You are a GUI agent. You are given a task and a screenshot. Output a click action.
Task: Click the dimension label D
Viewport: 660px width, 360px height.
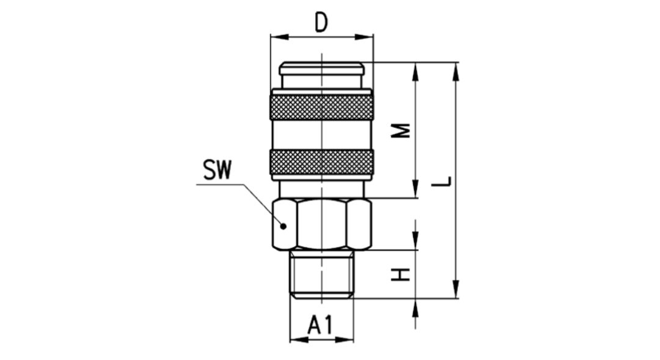pos(321,22)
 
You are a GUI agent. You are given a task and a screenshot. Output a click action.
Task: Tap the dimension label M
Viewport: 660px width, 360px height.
pos(400,130)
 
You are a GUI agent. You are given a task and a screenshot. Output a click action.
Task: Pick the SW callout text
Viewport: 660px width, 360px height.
pos(218,171)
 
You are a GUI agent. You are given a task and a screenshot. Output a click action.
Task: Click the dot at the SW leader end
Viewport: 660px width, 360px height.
pos(284,226)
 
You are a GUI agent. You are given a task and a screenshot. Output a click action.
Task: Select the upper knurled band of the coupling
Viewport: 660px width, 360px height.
pos(321,108)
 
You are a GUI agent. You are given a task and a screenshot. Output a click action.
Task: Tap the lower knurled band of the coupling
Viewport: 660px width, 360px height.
pos(321,162)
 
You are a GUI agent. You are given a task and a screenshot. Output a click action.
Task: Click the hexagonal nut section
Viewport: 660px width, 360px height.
pos(321,224)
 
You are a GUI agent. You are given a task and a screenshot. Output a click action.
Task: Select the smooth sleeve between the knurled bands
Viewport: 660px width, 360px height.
pos(321,134)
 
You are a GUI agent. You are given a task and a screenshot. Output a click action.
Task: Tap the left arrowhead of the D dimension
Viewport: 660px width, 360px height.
pos(276,37)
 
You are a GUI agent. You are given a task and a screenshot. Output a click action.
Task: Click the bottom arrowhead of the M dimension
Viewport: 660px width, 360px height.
pos(416,191)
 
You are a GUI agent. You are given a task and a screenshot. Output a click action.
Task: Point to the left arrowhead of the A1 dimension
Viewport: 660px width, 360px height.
pos(295,339)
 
